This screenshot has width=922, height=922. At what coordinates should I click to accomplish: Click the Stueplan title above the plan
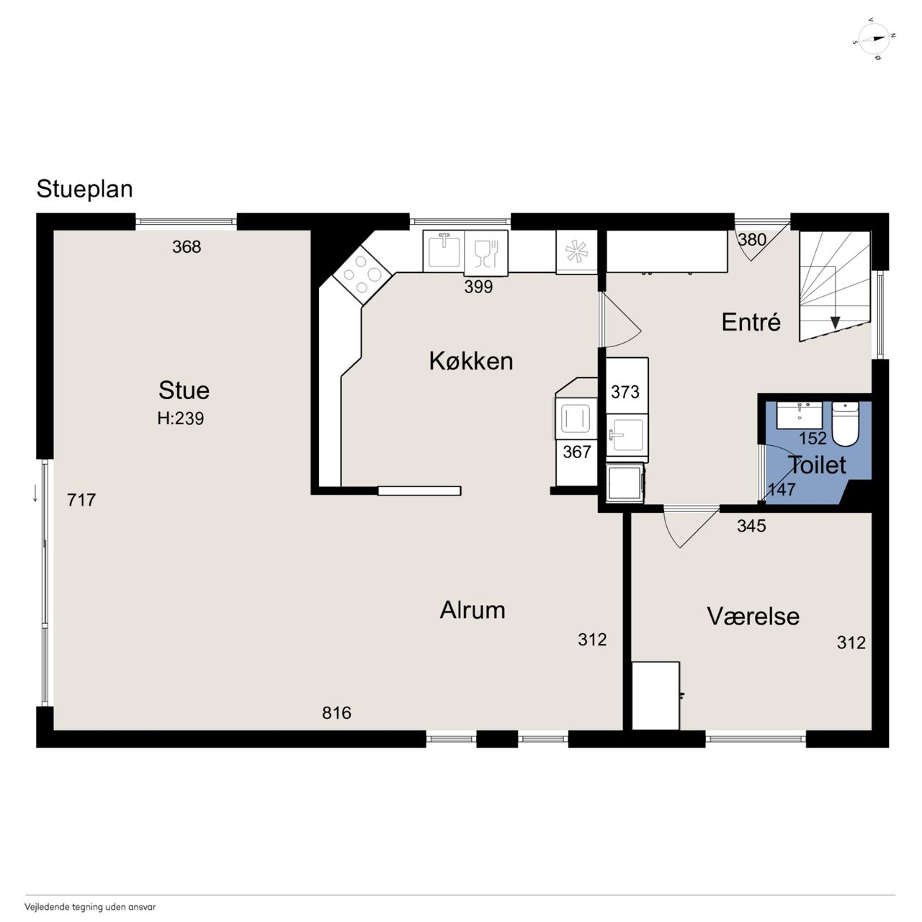pyautogui.click(x=85, y=189)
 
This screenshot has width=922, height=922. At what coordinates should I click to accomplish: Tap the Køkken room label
pyautogui.click(x=471, y=361)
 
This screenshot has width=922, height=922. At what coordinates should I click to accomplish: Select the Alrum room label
pyautogui.click(x=473, y=610)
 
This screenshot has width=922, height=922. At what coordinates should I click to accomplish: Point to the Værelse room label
pyautogui.click(x=753, y=617)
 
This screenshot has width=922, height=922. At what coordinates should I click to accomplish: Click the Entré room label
pyautogui.click(x=751, y=322)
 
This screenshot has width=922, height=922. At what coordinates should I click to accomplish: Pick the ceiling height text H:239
pyautogui.click(x=180, y=419)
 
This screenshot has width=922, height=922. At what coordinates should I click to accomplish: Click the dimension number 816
pyautogui.click(x=336, y=713)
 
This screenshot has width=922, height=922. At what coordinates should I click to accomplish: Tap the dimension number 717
pyautogui.click(x=81, y=500)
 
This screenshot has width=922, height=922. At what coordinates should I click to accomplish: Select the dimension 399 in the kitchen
pyautogui.click(x=478, y=287)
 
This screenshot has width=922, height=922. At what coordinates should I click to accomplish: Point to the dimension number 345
pyautogui.click(x=751, y=526)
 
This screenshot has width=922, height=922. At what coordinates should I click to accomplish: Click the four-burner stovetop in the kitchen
pyautogui.click(x=362, y=274)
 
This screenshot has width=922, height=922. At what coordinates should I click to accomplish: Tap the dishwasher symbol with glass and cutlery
pyautogui.click(x=486, y=253)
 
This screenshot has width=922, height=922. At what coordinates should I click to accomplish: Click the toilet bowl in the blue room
pyautogui.click(x=846, y=424)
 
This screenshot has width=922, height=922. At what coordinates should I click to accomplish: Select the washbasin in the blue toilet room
pyautogui.click(x=799, y=416)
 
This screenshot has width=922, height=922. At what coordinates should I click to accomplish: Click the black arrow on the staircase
pyautogui.click(x=835, y=323)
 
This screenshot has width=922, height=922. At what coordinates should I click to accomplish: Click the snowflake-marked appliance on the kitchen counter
pyautogui.click(x=576, y=252)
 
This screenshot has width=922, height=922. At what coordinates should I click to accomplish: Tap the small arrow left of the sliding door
pyautogui.click(x=35, y=493)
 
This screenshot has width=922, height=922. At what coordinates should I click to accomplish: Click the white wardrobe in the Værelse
pyautogui.click(x=655, y=696)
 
